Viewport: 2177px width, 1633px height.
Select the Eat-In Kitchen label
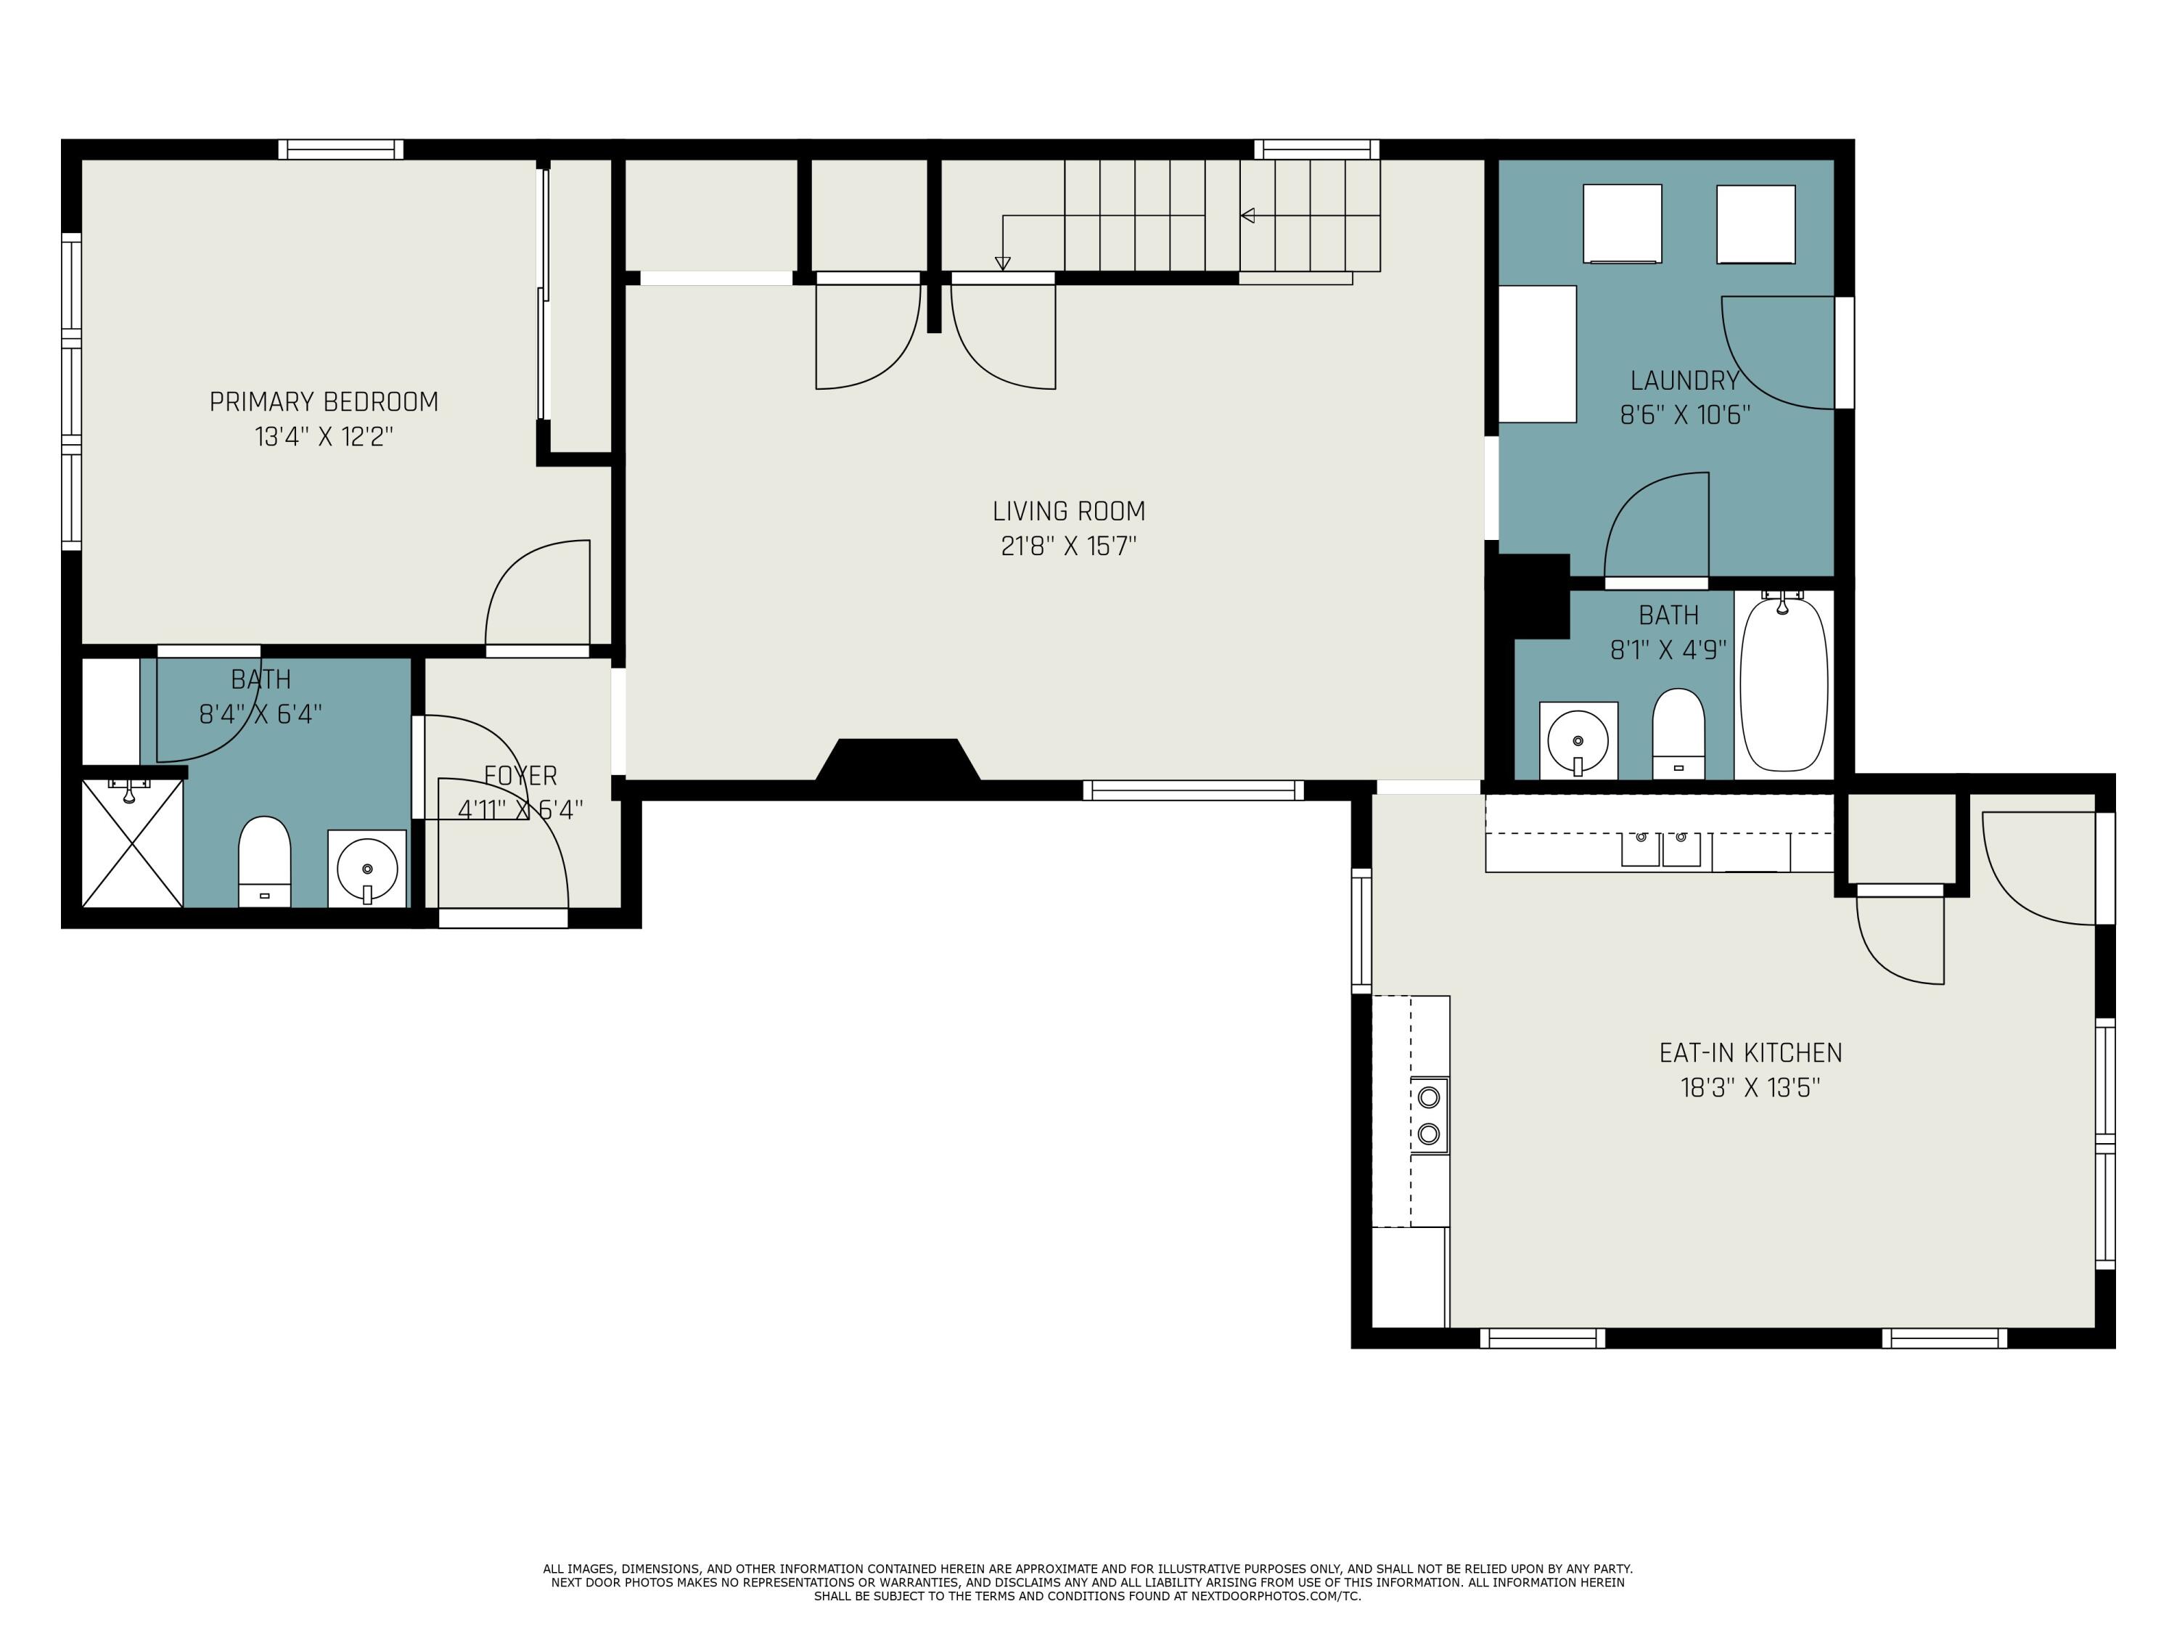[1750, 1053]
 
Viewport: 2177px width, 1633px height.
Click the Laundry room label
[1684, 381]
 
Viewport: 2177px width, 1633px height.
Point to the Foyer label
[520, 776]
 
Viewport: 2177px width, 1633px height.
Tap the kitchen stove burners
[1429, 1116]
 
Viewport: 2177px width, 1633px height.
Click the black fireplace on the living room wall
[898, 763]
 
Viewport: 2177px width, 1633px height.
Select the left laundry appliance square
[1622, 224]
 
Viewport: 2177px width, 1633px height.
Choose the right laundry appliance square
[1756, 224]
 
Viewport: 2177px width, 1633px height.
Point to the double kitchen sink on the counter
[1660, 848]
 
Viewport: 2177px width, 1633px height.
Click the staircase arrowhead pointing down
[1003, 263]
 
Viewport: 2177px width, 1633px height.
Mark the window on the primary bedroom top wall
[340, 150]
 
